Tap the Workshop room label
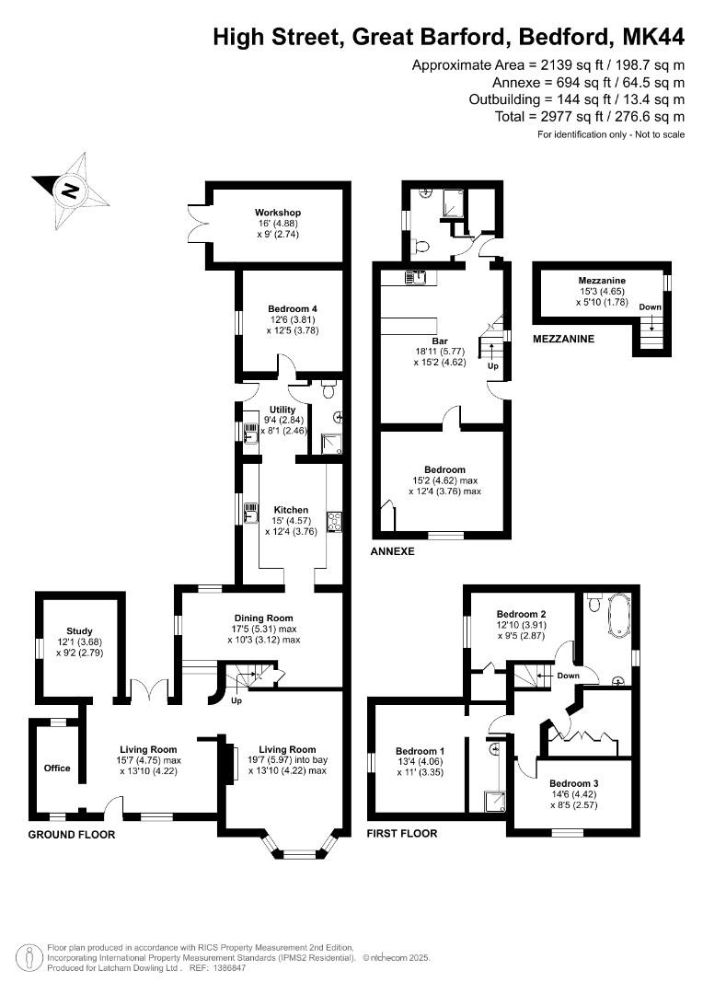pyautogui.click(x=278, y=213)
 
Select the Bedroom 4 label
pyautogui.click(x=293, y=309)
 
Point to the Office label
pyautogui.click(x=57, y=768)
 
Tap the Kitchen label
pyautogui.click(x=291, y=510)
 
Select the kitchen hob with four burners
pyautogui.click(x=333, y=521)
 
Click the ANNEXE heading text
pyautogui.click(x=392, y=551)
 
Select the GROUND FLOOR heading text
pyautogui.click(x=72, y=835)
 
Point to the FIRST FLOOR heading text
pyautogui.click(x=402, y=834)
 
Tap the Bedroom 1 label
pyautogui.click(x=420, y=750)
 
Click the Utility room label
pyautogui.click(x=282, y=410)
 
